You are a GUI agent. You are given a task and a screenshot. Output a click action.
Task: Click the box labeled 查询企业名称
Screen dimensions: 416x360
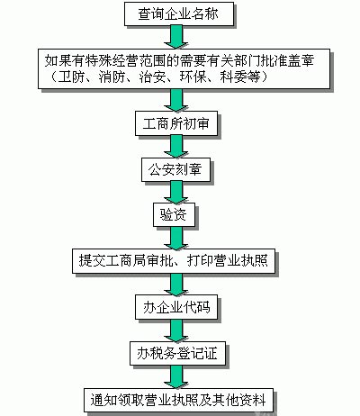click(x=179, y=15)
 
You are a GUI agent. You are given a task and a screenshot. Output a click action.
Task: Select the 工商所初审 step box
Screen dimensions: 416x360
click(x=179, y=121)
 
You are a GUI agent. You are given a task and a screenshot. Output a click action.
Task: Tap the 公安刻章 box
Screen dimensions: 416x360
click(x=179, y=167)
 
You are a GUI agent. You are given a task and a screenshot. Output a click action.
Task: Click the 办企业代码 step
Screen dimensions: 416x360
click(x=179, y=307)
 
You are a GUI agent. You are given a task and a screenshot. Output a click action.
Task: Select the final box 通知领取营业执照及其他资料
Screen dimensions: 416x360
click(x=179, y=399)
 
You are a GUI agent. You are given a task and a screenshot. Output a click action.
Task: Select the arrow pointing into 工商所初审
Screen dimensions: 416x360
click(x=179, y=98)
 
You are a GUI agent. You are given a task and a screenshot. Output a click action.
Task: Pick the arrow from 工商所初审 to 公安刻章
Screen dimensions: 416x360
click(x=179, y=144)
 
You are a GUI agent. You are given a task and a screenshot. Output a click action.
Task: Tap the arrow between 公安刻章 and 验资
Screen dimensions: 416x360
click(x=179, y=191)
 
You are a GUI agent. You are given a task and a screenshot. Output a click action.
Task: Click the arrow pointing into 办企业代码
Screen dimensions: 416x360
click(x=179, y=284)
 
